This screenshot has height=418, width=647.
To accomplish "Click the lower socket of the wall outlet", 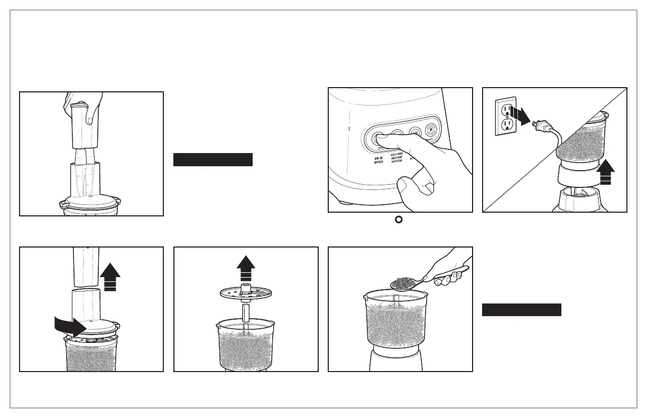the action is pyautogui.click(x=507, y=125).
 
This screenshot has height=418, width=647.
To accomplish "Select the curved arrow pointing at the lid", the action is pyautogui.click(x=70, y=327).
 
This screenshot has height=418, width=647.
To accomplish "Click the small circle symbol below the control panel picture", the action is pyautogui.click(x=400, y=220).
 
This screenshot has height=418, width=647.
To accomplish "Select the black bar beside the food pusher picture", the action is pyautogui.click(x=213, y=159).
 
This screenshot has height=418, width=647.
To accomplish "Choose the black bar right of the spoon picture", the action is pyautogui.click(x=521, y=310).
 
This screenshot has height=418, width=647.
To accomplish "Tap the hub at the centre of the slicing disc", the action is pyautogui.click(x=246, y=289).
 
